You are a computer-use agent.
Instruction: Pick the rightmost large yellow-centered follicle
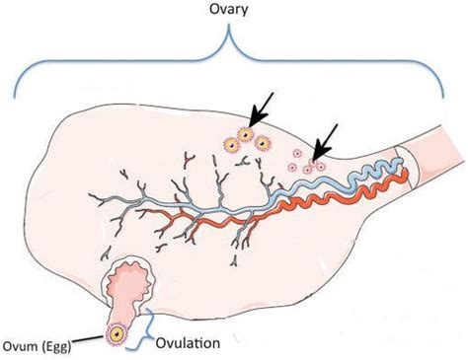point(263,142)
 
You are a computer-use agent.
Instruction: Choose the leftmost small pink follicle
point(292,164)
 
